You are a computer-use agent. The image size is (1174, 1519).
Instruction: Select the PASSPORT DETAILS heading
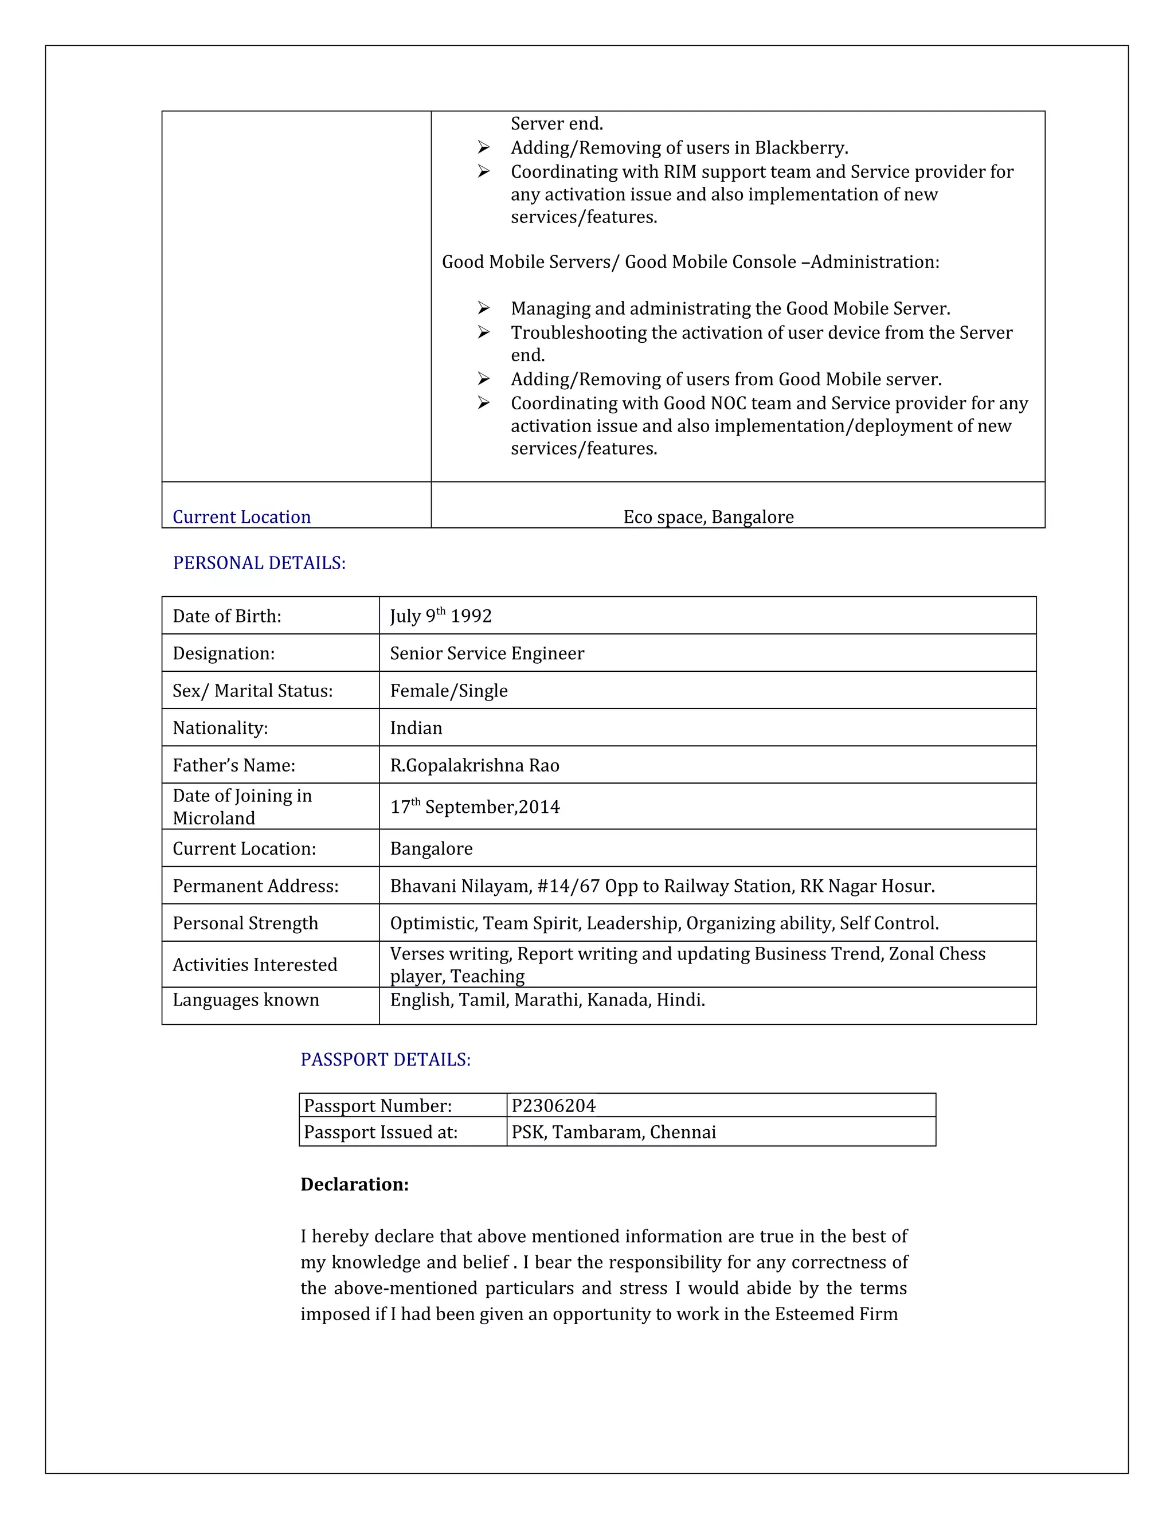point(385,1059)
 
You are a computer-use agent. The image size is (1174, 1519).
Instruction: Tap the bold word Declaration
point(354,1184)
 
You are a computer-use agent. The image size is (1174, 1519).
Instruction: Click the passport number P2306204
point(554,1106)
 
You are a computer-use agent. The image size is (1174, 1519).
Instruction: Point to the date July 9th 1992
point(440,616)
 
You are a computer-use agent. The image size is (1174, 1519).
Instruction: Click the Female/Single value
point(449,691)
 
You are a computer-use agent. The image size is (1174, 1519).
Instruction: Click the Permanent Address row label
point(255,886)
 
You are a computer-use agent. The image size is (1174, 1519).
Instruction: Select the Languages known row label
point(245,1000)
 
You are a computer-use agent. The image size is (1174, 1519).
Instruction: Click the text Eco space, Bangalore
point(708,517)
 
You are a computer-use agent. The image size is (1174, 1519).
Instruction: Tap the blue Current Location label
point(241,517)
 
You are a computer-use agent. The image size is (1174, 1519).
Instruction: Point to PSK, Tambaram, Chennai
point(613,1132)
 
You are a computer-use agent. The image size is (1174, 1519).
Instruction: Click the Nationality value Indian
point(416,728)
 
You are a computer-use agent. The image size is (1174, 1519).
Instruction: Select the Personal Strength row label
point(245,923)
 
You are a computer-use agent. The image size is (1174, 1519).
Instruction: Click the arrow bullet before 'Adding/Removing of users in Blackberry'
point(484,147)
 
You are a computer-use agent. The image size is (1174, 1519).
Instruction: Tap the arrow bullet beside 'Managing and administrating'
point(484,308)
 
